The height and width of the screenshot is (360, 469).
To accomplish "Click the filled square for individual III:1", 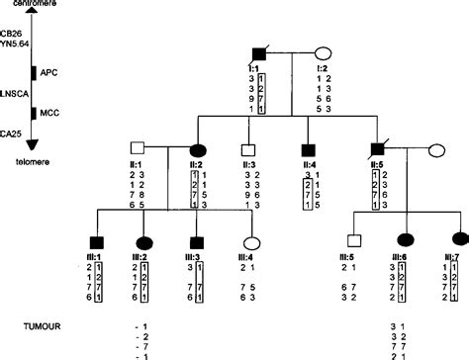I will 96,239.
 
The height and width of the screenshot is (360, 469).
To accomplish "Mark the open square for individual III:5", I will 352,239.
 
